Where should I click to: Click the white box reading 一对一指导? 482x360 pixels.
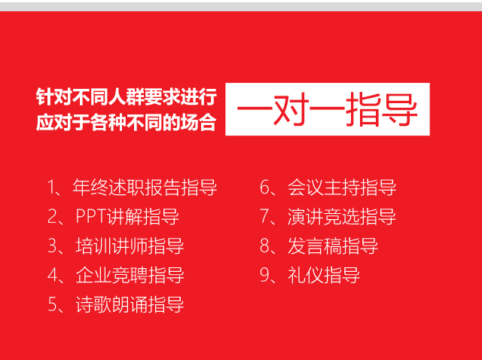[x=328, y=109]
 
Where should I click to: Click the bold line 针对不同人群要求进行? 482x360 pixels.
[x=127, y=96]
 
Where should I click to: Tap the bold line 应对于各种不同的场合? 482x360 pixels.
[x=126, y=122]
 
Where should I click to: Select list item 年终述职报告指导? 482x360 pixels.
[x=145, y=188]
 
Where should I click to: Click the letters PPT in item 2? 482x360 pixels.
[x=91, y=216]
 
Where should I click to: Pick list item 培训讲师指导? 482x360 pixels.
[x=130, y=246]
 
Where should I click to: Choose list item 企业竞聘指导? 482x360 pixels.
[x=130, y=275]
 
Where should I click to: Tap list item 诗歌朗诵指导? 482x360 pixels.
[x=130, y=305]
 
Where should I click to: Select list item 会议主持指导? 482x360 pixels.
[x=342, y=188]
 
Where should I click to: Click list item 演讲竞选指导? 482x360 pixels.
[x=342, y=216]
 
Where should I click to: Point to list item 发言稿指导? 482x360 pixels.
[x=333, y=246]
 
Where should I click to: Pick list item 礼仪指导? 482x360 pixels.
[x=324, y=275]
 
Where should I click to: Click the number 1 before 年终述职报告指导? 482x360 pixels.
[x=51, y=188]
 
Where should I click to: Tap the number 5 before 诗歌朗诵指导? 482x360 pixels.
[x=52, y=305]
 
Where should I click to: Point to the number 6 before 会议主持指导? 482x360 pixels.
[x=264, y=188]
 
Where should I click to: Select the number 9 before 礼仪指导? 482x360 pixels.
[x=264, y=275]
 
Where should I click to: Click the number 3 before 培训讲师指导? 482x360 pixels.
[x=52, y=246]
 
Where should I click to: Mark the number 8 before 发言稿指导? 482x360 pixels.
[x=264, y=246]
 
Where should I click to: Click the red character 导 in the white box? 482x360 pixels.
[x=400, y=110]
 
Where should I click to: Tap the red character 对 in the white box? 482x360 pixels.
[x=291, y=110]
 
